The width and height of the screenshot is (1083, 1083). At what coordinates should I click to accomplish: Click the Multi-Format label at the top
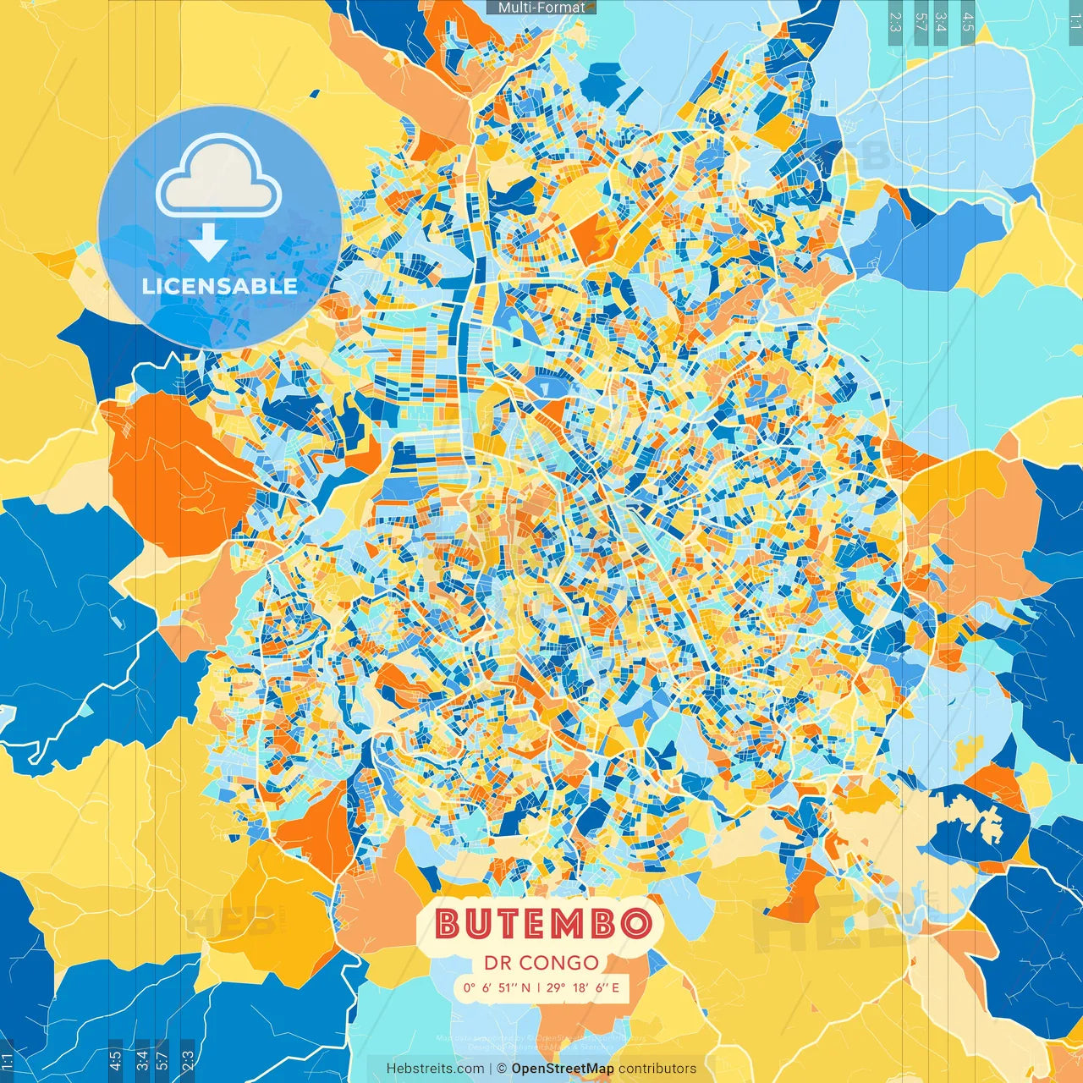pos(541,8)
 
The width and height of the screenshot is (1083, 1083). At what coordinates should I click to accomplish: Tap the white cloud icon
pos(218,179)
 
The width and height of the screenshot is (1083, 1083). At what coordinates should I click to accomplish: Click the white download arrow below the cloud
pos(208,244)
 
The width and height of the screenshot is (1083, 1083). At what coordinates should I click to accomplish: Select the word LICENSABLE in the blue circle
pos(219,286)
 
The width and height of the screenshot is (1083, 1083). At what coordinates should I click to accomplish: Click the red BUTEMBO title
pos(544,924)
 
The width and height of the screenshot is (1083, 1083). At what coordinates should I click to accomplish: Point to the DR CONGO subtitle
pos(541,963)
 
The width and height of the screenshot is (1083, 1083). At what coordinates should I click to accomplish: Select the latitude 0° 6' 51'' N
pos(497,987)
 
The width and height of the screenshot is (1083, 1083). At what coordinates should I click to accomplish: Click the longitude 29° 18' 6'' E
pos(583,987)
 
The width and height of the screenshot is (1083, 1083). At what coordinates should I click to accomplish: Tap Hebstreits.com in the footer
pos(435,1069)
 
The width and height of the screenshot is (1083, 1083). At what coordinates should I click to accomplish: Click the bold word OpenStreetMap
pos(563,1069)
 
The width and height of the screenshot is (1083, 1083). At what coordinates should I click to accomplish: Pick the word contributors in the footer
pos(657,1069)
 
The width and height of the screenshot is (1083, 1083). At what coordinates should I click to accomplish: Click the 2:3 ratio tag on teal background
pos(895,22)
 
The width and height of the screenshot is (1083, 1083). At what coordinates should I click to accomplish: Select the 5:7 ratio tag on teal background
pos(921,22)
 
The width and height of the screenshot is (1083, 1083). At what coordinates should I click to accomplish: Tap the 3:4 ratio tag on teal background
pos(941,22)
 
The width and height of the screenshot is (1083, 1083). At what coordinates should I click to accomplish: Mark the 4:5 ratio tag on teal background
pos(968,22)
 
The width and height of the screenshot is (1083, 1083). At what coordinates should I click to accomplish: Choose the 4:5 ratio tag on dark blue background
pos(116,1060)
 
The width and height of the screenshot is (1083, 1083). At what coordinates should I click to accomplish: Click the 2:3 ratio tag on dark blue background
pos(188,1060)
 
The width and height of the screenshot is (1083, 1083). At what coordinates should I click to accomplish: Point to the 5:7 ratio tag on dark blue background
pos(162,1060)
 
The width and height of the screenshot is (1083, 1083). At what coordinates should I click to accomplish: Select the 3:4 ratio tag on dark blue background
pos(142,1060)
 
